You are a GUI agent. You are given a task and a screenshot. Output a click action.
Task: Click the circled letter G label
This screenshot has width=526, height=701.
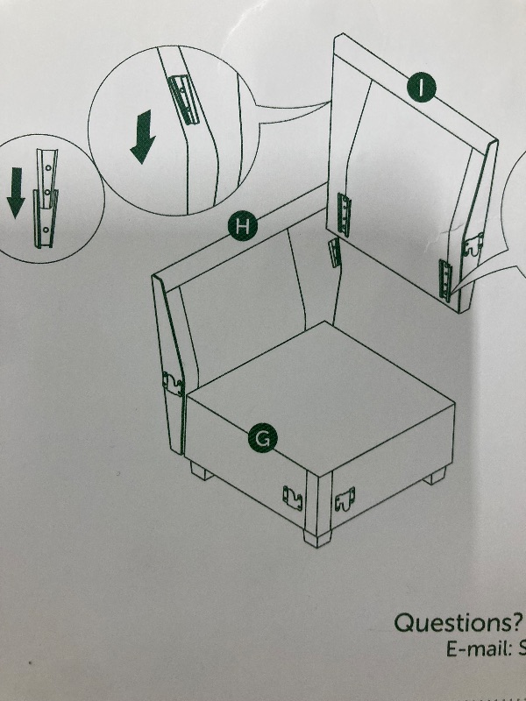pyautogui.click(x=262, y=439)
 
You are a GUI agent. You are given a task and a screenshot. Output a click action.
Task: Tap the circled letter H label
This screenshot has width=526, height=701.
pyautogui.click(x=243, y=226)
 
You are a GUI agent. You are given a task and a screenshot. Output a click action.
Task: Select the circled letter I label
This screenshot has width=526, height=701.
pyautogui.click(x=422, y=87)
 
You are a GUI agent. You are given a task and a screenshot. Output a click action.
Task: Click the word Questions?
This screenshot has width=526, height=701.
pyautogui.click(x=458, y=622)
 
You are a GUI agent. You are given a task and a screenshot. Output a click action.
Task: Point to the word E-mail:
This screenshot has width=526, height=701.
pyautogui.click(x=478, y=649)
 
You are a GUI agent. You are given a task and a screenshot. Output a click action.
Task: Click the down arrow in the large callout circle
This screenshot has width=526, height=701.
pyautogui.click(x=143, y=137)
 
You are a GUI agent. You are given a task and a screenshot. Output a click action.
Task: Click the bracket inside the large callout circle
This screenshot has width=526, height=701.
pyautogui.click(x=183, y=100)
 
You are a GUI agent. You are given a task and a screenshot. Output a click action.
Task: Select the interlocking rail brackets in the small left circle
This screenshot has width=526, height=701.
pyautogui.click(x=46, y=198)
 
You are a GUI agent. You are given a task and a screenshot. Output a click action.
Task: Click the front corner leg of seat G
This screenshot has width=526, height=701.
pyautogui.click(x=317, y=538)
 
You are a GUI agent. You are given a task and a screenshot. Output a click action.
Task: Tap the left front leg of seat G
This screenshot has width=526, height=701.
pyautogui.click(x=202, y=471)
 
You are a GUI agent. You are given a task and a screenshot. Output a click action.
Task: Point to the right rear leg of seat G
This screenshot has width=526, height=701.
pyautogui.click(x=434, y=476)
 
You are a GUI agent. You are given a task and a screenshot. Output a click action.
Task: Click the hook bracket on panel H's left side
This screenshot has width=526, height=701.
pyautogui.click(x=173, y=384)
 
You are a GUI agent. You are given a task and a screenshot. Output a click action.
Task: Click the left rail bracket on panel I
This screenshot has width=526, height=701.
pyautogui.click(x=344, y=214)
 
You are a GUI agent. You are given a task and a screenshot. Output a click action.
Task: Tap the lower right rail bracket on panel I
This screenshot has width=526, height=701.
pyautogui.click(x=445, y=280)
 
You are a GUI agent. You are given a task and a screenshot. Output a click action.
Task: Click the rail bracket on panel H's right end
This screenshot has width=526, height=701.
pyautogui.click(x=335, y=252)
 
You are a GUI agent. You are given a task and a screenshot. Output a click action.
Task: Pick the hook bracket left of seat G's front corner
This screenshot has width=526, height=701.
pyautogui.click(x=293, y=499)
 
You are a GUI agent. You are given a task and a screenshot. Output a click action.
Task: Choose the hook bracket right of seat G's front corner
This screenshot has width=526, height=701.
pyautogui.click(x=345, y=499)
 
